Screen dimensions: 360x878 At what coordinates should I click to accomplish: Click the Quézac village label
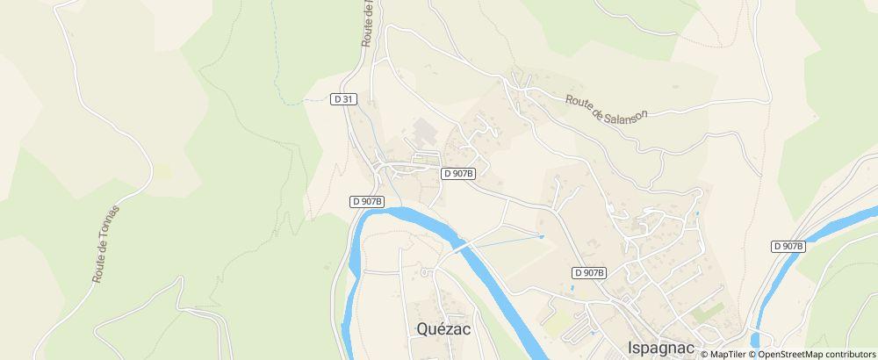click(x=439, y=330)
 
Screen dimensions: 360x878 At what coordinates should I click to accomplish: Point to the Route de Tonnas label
click(x=104, y=243)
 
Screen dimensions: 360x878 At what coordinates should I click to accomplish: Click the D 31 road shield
click(x=344, y=99)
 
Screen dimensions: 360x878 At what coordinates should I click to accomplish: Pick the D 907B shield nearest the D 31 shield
click(x=367, y=201)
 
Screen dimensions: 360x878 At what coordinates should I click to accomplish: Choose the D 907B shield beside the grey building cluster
click(x=457, y=173)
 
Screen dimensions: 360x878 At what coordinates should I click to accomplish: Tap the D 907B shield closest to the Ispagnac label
click(x=589, y=273)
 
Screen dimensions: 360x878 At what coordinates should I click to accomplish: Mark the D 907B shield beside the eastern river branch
click(x=788, y=247)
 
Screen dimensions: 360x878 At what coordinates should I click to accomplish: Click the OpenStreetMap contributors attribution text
click(x=816, y=354)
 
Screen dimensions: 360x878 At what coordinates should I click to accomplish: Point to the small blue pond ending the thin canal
click(x=542, y=236)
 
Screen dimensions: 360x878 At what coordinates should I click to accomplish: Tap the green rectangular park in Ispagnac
click(x=707, y=312)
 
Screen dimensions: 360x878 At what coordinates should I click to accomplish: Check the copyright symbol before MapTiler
click(x=704, y=354)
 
